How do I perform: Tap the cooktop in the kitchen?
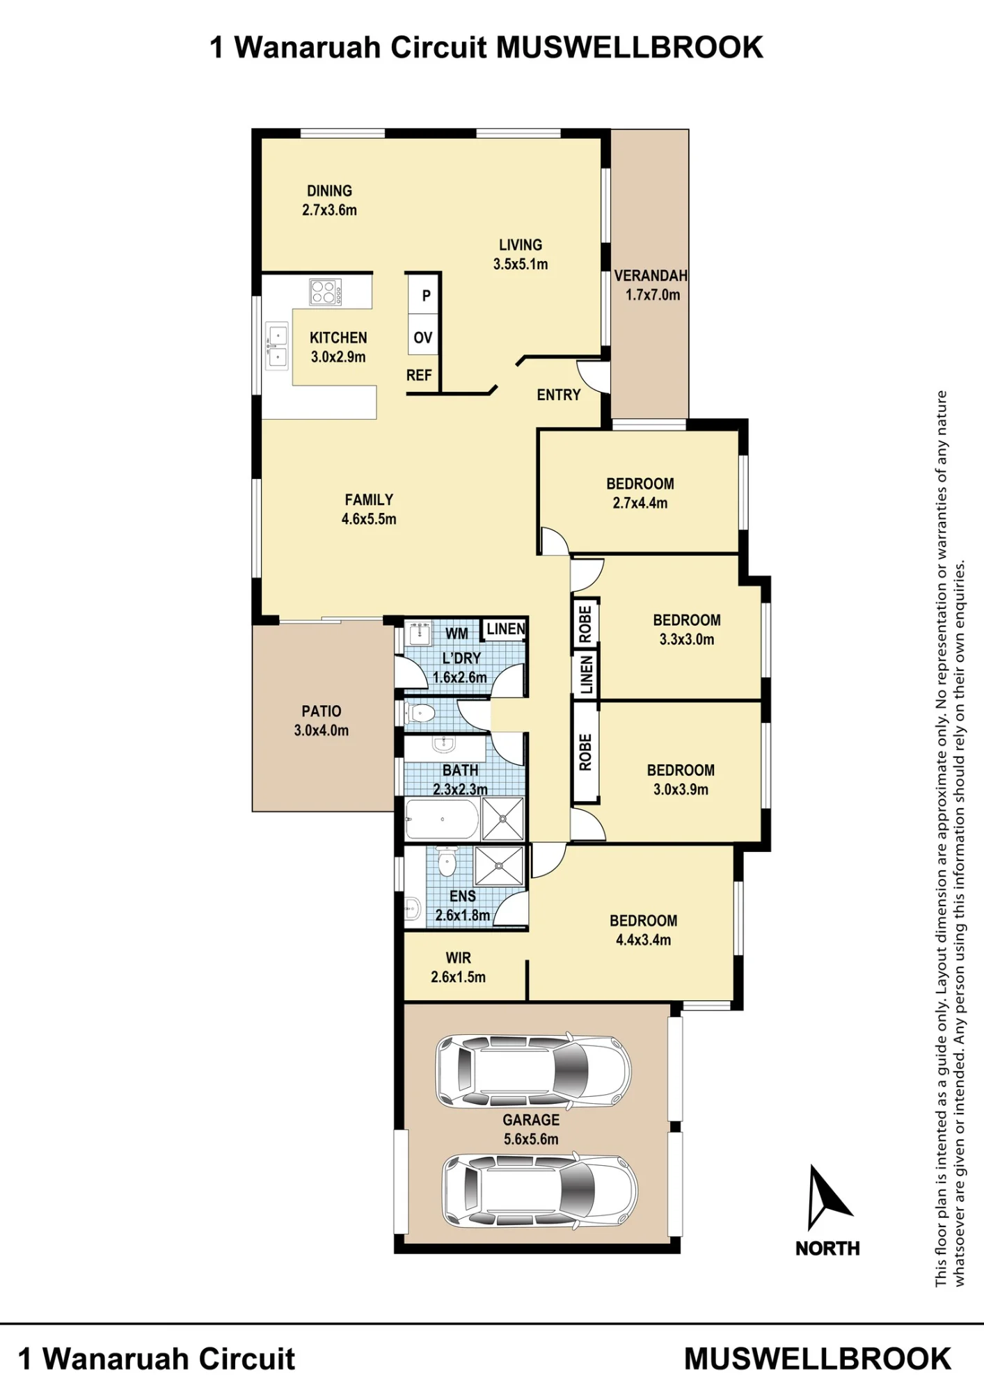[326, 292]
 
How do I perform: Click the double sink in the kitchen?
[277, 347]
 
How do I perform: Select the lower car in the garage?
[539, 1191]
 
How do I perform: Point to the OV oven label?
[423, 338]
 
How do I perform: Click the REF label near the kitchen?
[419, 376]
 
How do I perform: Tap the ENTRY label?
[558, 395]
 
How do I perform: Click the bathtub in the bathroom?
[442, 819]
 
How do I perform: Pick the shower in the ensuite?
[499, 866]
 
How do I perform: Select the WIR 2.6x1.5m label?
[458, 967]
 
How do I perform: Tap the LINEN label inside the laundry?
[506, 629]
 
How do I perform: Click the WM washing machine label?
[457, 634]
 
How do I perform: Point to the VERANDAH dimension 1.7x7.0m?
[653, 295]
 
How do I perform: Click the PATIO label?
[322, 711]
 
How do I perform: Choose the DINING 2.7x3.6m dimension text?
[329, 210]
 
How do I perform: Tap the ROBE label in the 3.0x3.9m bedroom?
[585, 752]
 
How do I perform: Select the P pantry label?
[427, 296]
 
